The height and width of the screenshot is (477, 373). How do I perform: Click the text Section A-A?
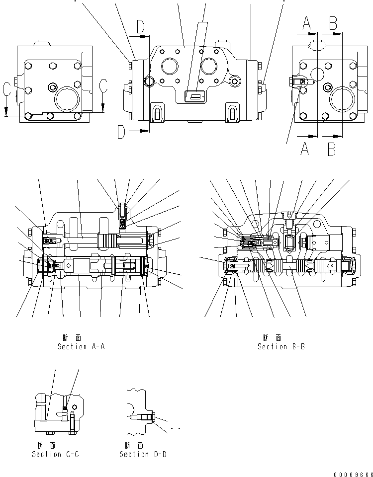[x=81, y=346]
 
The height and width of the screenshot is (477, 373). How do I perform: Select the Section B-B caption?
[x=281, y=346]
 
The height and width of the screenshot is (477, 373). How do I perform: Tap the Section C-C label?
[x=55, y=454]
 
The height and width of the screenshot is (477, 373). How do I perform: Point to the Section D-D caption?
[x=143, y=454]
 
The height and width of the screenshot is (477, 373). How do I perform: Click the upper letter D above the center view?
[x=141, y=27]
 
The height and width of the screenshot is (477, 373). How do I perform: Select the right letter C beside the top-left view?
[x=103, y=85]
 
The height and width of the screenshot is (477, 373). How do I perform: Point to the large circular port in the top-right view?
[x=342, y=98]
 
